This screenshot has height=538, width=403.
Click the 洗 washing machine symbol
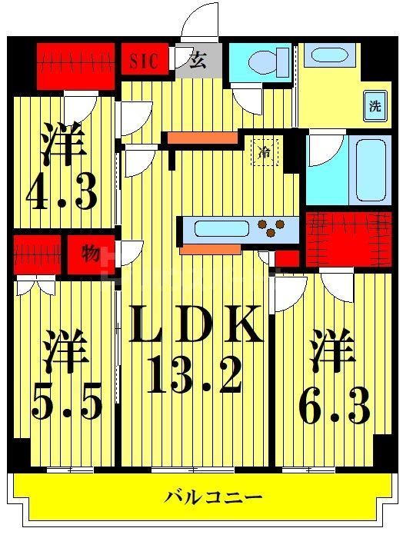point(375,106)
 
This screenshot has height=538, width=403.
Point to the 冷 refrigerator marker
point(265,152)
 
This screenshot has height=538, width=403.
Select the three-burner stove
point(278,227)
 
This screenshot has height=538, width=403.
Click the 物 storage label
point(91,252)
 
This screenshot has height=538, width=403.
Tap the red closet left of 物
point(36,252)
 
